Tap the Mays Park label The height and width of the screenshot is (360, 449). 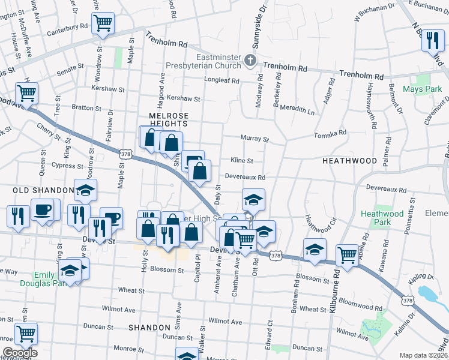click(423, 89)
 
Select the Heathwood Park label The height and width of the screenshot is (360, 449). click(382, 218)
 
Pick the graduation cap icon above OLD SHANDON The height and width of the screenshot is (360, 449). click(85, 190)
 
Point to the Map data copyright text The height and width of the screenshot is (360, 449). click(423, 355)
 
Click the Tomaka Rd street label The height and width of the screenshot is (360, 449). click(331, 133)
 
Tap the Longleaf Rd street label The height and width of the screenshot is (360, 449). click(221, 80)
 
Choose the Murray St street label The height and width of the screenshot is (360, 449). click(255, 139)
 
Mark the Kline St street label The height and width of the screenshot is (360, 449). click(242, 161)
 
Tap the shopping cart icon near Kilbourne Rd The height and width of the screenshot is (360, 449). click(347, 254)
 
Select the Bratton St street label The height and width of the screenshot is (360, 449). click(86, 108)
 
